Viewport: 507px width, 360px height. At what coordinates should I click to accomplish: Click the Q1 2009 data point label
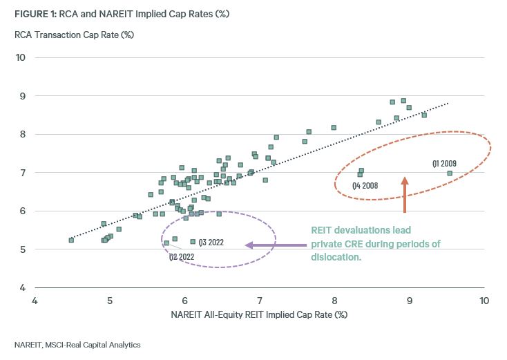[444, 164]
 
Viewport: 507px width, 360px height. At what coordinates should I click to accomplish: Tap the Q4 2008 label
[365, 186]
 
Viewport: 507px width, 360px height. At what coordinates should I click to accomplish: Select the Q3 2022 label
[211, 243]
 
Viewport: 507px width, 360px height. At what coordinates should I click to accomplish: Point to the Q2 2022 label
[182, 256]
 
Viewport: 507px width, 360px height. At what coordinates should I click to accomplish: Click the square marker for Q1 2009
[450, 173]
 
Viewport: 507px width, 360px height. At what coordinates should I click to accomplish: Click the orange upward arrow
[405, 194]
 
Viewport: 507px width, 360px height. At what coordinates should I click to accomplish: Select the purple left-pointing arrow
[276, 245]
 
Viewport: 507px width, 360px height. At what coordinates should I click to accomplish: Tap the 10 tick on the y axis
[21, 57]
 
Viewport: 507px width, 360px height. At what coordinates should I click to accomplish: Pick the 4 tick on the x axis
[35, 301]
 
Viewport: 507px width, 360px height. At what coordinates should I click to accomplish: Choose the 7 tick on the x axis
[260, 301]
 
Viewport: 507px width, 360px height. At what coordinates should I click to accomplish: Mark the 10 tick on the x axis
[484, 301]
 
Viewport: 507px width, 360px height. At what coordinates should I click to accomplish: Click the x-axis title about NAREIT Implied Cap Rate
[258, 315]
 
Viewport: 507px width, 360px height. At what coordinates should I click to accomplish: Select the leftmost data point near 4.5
[71, 240]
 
